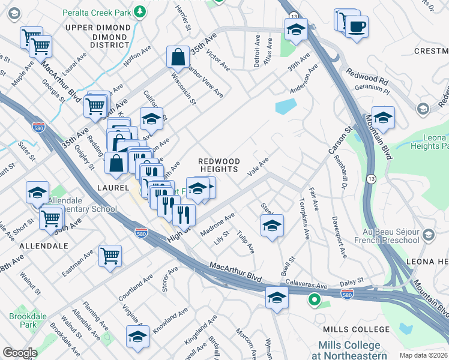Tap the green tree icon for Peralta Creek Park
pyautogui.click(x=139, y=11)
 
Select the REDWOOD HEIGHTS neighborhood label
pyautogui.click(x=219, y=166)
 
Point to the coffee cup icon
pyautogui.click(x=357, y=26)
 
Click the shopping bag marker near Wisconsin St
pyautogui.click(x=178, y=58)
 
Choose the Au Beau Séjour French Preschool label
pyautogui.click(x=391, y=236)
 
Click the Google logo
pyautogui.click(x=20, y=352)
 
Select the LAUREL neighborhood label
pyautogui.click(x=110, y=188)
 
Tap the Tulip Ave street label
pyautogui.click(x=246, y=241)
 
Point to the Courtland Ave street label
pyautogui.click(x=132, y=290)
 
